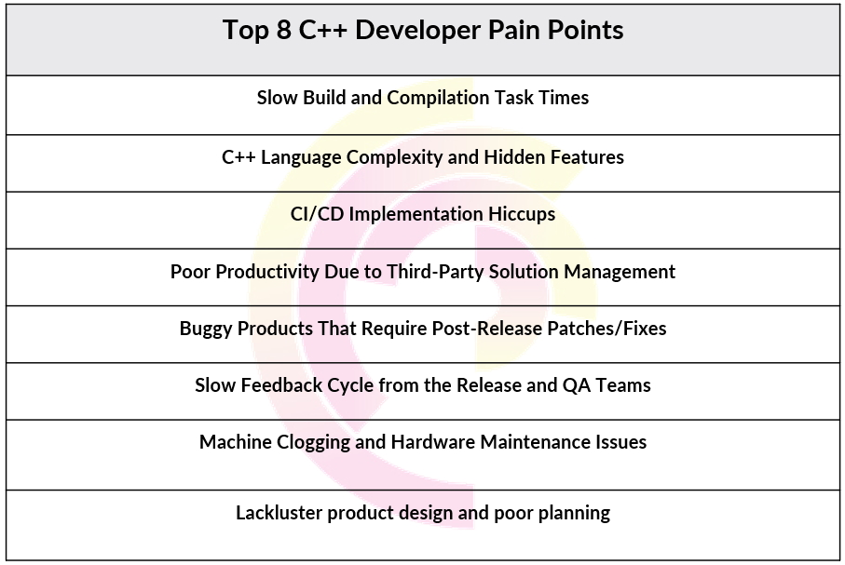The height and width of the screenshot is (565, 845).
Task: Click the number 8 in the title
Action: click(x=283, y=30)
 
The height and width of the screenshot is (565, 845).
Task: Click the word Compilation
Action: click(x=438, y=99)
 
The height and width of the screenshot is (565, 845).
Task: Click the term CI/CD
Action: click(x=317, y=214)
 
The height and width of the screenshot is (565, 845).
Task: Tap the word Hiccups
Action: click(x=522, y=215)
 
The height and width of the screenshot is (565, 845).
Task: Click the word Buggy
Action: click(x=206, y=330)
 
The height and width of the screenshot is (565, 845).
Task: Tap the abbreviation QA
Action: click(x=576, y=385)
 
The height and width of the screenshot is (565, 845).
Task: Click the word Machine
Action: click(x=236, y=442)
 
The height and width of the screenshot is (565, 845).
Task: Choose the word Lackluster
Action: click(x=279, y=513)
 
